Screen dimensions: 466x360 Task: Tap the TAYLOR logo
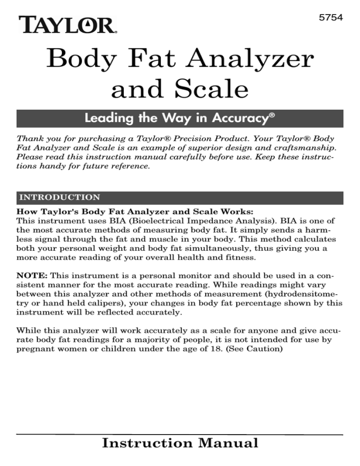[67, 24]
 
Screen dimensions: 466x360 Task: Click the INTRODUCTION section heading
[58, 197]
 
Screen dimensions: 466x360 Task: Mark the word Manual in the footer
[230, 443]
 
